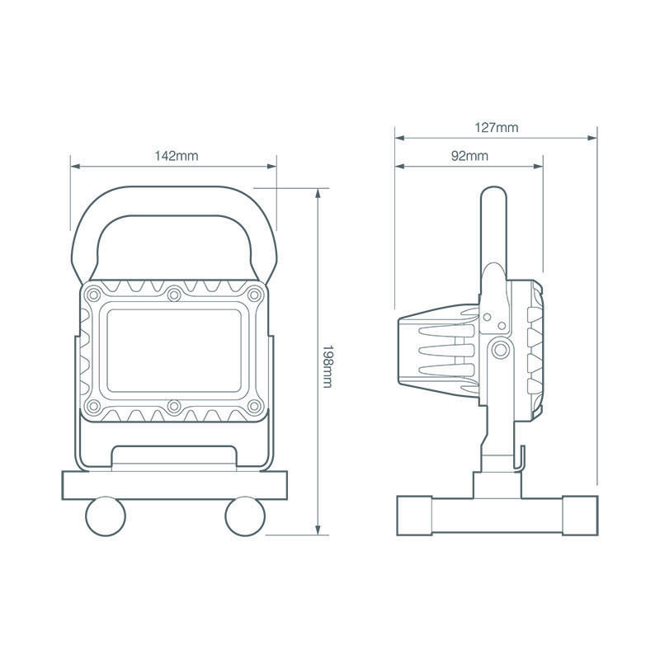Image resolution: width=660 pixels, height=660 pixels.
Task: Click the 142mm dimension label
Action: tap(177, 156)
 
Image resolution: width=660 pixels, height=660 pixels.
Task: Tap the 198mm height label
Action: tap(328, 366)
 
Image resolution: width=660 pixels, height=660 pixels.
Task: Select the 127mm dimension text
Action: tap(497, 128)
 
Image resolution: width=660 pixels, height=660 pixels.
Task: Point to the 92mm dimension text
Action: tap(469, 156)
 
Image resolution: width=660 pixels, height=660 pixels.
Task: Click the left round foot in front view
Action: tap(106, 516)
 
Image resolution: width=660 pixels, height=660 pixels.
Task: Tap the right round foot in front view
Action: tap(245, 516)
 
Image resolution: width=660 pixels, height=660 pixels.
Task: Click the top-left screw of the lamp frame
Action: tap(93, 294)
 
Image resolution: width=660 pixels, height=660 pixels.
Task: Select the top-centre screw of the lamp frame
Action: tap(174, 295)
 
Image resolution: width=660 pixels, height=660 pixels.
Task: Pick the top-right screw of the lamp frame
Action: tap(254, 294)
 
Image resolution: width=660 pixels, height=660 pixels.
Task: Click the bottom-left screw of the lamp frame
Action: tap(93, 406)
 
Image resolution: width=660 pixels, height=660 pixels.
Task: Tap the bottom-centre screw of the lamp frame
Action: tap(174, 406)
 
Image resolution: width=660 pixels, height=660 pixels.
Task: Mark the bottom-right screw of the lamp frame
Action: tap(254, 406)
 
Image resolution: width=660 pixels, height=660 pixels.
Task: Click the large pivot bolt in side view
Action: tap(501, 349)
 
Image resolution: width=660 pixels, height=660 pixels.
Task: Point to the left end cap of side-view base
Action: tap(415, 516)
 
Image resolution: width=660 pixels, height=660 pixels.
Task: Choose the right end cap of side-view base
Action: tap(580, 516)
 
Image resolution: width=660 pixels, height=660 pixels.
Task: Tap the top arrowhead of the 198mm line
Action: tap(318, 193)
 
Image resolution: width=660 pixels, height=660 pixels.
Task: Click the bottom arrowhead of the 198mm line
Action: tap(318, 530)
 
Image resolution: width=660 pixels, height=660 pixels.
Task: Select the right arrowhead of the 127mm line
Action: tap(592, 138)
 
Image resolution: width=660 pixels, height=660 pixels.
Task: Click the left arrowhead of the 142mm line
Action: tap(75, 167)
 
